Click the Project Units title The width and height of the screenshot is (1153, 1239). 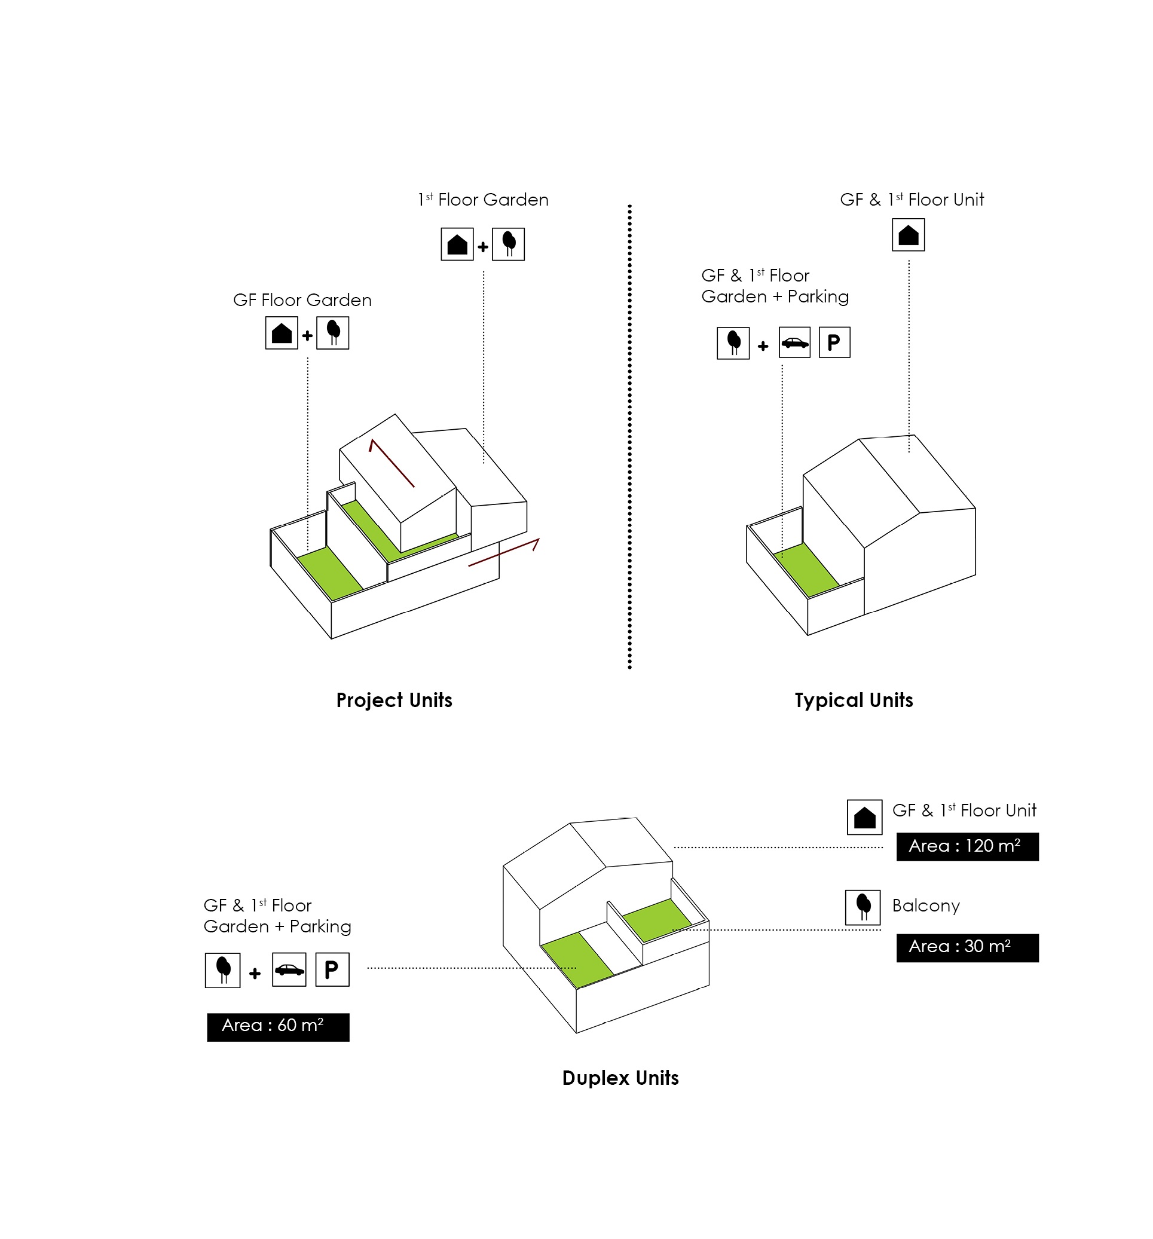coord(394,700)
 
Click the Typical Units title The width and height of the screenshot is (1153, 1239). coord(853,700)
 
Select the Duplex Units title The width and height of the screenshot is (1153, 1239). coord(620,1078)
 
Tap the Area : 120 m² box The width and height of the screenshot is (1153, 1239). coord(967,846)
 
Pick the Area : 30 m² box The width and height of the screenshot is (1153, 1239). coord(967,947)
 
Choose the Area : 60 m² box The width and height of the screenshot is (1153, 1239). coord(278,1026)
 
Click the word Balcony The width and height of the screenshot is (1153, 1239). coord(925,905)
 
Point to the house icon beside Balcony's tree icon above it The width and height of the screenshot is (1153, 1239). coord(864,817)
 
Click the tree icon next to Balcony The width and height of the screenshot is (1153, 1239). coord(863,907)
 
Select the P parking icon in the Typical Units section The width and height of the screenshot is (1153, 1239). coord(834,342)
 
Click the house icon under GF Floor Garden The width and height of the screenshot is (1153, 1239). coord(282,333)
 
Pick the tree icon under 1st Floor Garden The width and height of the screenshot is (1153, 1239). coord(508,244)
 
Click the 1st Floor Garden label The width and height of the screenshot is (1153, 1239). coord(483,200)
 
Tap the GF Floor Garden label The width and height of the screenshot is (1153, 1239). coord(302,300)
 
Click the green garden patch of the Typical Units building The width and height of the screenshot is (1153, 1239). coord(805,568)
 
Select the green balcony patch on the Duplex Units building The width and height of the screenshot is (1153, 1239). coord(656,919)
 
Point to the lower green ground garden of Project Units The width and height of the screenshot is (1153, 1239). coord(329,573)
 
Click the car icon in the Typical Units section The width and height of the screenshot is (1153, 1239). coord(794,342)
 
